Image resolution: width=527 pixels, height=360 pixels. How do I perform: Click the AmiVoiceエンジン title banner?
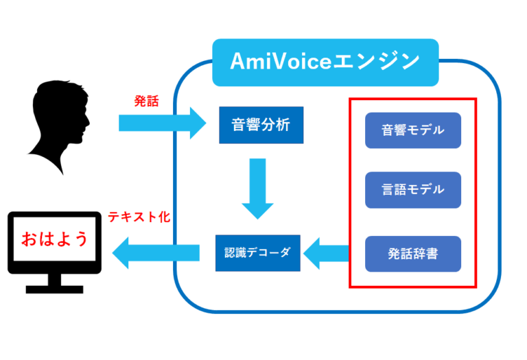point(325,62)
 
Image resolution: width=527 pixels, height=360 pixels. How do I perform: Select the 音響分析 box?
point(261,125)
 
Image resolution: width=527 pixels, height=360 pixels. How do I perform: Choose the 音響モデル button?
point(412,130)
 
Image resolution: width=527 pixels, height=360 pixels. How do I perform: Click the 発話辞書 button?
point(412,254)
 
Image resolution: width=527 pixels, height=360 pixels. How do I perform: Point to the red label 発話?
point(145,101)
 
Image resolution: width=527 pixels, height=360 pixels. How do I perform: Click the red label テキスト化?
point(139,217)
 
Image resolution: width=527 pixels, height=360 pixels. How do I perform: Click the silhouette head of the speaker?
point(60,113)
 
